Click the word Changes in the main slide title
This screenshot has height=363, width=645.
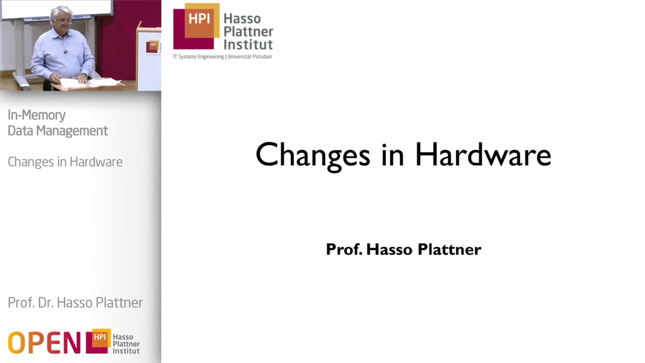312,155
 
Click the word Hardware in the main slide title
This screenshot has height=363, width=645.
483,155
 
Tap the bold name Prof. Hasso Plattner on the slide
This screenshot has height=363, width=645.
403,249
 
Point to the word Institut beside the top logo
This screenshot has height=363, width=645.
248,44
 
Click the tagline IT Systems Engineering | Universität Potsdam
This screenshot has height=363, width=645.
222,56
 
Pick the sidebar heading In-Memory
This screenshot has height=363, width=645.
37,115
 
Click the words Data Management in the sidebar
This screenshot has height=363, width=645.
58,131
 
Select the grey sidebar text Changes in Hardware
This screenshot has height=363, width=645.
65,162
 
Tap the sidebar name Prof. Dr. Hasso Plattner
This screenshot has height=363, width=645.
75,302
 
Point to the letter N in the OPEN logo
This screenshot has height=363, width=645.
72,342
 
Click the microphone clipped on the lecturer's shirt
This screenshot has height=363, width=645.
66,52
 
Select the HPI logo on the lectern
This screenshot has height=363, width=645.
153,47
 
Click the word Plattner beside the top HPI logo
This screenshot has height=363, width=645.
248,32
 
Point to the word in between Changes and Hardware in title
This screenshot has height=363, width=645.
392,155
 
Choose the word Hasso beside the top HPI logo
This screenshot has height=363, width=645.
242,18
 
